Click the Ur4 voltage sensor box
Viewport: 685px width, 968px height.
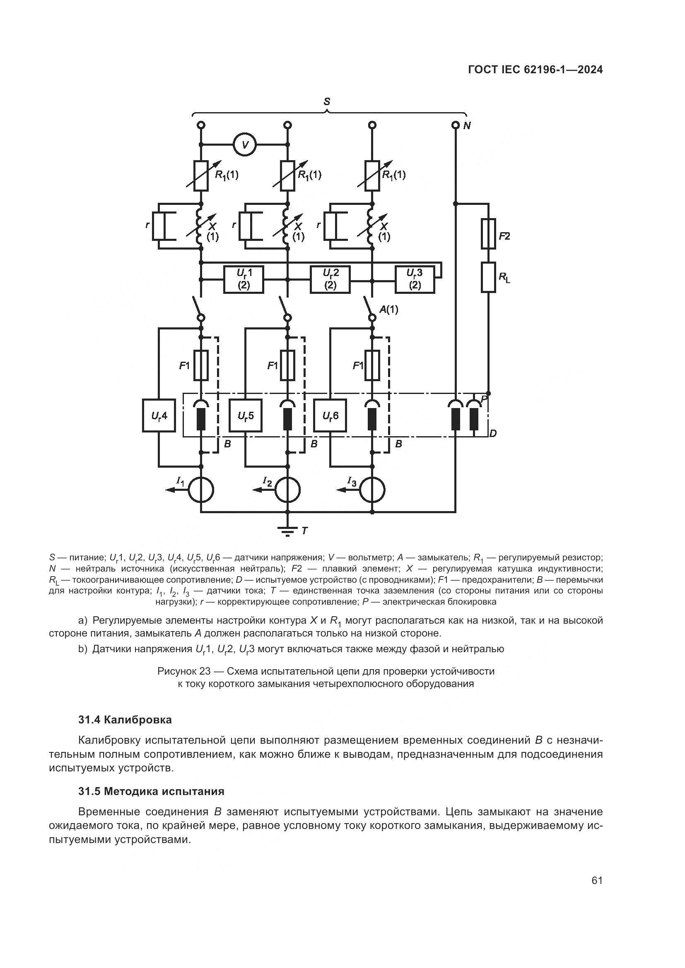(x=159, y=415)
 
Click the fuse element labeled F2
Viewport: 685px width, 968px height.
(x=488, y=233)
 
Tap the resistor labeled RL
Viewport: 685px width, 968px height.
(x=488, y=277)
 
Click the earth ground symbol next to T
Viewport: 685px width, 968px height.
(x=288, y=531)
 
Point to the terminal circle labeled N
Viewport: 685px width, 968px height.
(x=455, y=125)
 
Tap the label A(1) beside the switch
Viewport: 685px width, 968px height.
(x=388, y=310)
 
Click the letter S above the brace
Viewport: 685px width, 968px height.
(x=326, y=102)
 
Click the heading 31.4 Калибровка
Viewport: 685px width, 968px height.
(x=125, y=720)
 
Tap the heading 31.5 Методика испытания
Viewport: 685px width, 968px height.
(x=151, y=791)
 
